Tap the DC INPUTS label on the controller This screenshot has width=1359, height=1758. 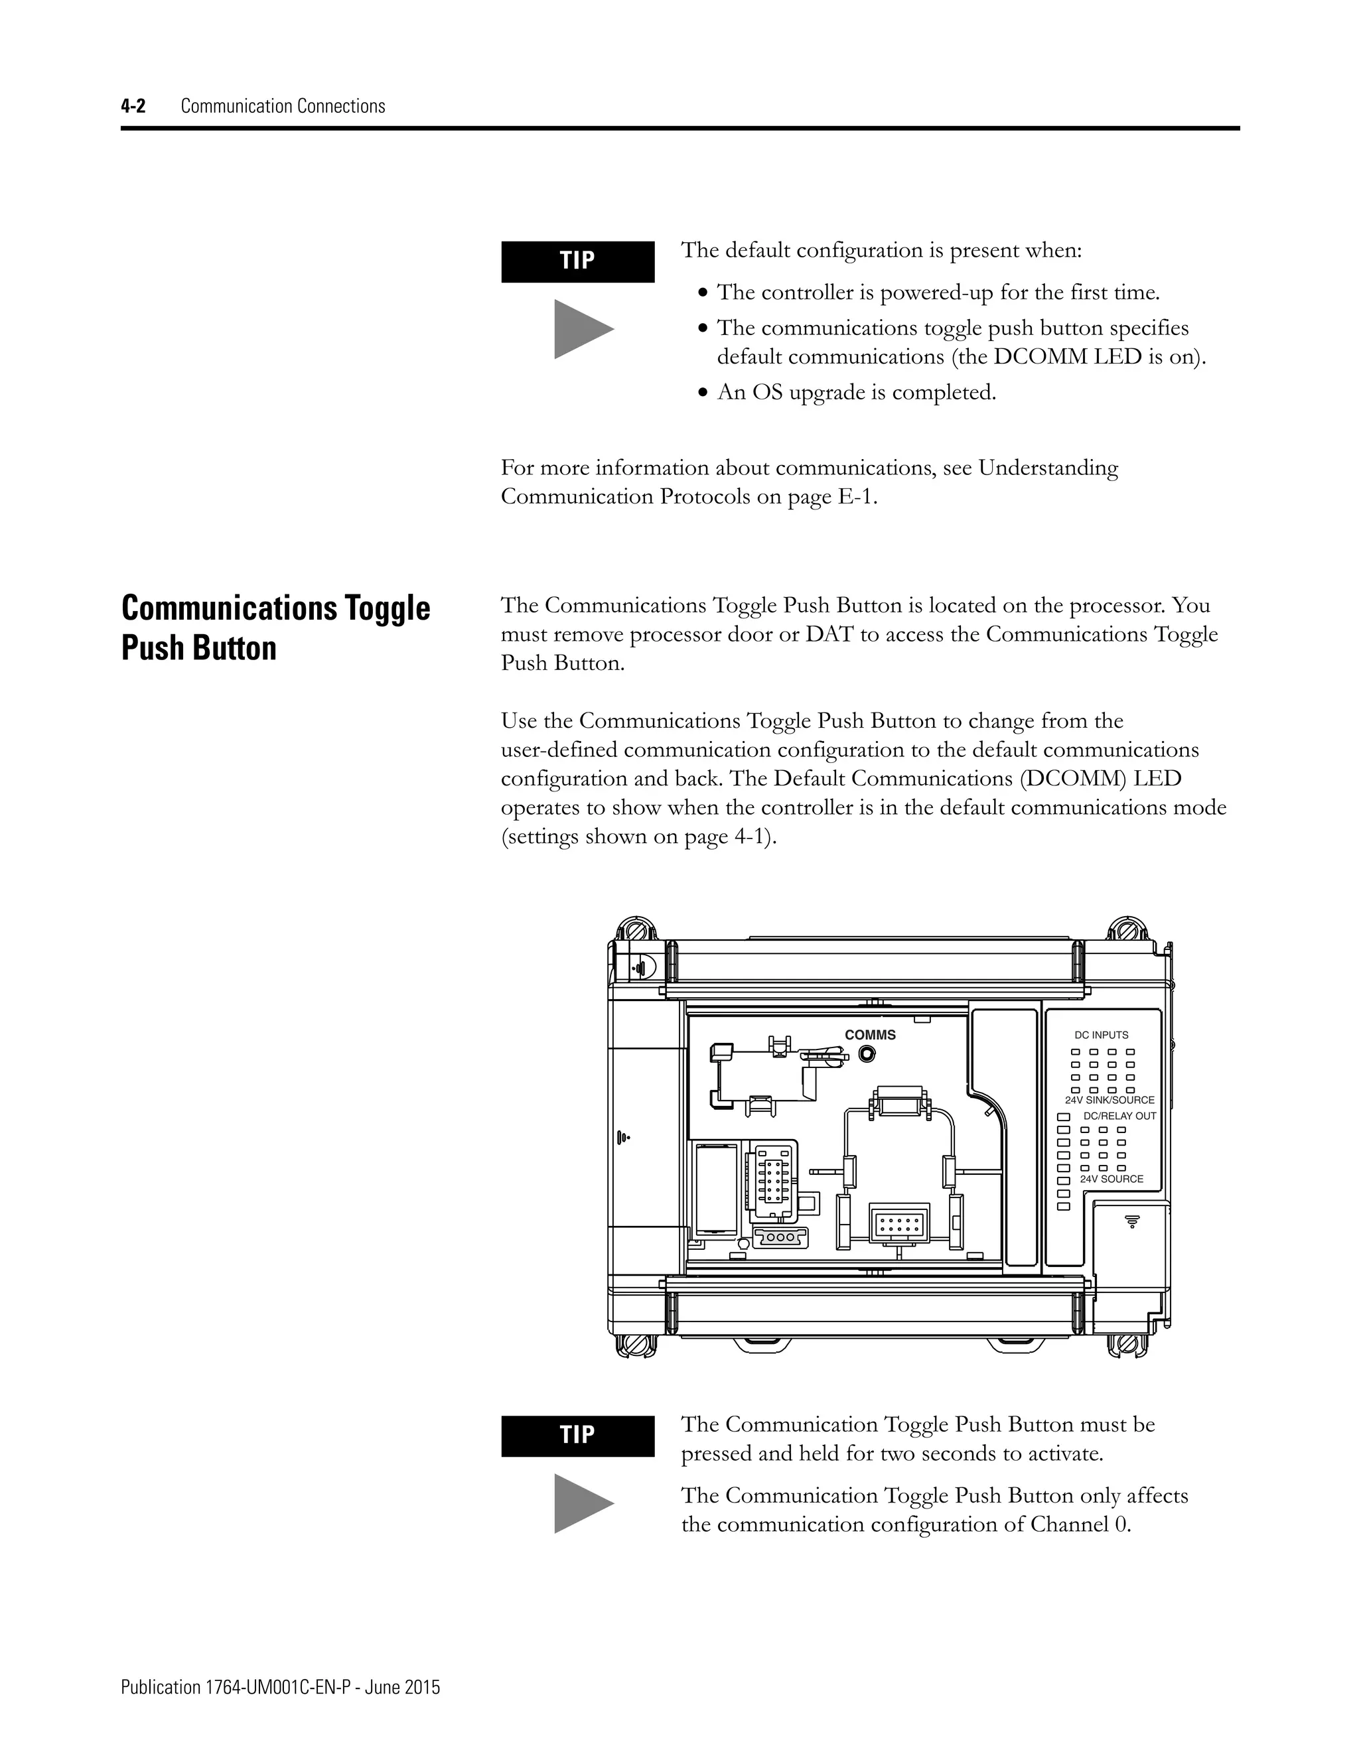click(1101, 1035)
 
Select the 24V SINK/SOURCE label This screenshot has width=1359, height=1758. click(1109, 1099)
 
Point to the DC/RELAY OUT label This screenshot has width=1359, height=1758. click(1119, 1116)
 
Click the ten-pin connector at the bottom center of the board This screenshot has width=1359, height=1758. click(900, 1225)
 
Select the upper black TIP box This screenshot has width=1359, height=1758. click(577, 261)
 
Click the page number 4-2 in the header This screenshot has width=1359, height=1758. click(133, 106)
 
